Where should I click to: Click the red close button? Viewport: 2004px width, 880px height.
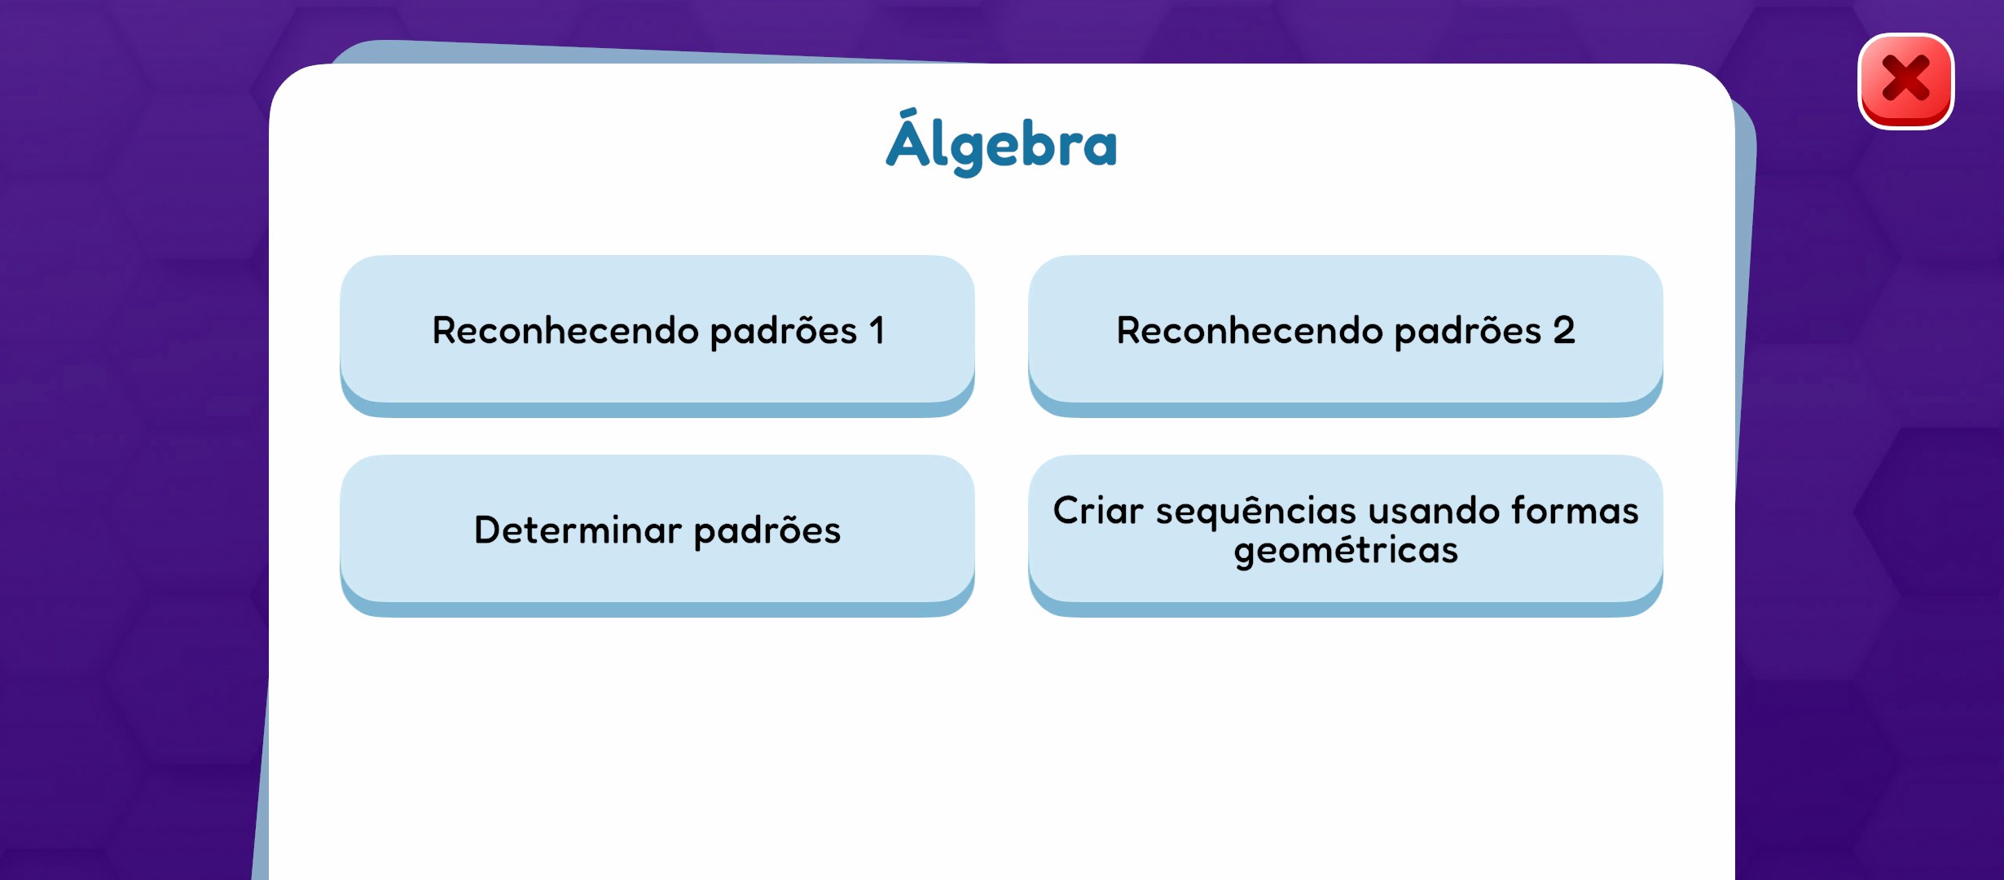click(1905, 81)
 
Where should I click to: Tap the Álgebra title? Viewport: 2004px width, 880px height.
click(1001, 143)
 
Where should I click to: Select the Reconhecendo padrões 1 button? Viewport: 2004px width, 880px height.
click(657, 336)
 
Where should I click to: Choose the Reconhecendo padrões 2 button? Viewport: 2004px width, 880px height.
click(1346, 336)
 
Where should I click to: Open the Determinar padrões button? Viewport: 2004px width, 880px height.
click(657, 535)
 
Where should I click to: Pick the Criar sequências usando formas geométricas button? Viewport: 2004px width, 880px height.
click(1346, 535)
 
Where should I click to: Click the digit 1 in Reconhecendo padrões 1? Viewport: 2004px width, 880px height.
click(877, 330)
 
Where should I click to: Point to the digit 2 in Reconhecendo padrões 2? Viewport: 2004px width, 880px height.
click(1564, 330)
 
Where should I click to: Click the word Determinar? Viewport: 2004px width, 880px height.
click(578, 530)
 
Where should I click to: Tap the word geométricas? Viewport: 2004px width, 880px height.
click(1346, 550)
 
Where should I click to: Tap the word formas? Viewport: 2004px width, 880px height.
click(1575, 510)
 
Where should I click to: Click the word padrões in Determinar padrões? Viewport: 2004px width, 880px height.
click(767, 530)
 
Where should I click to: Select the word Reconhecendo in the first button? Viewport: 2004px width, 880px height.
click(565, 331)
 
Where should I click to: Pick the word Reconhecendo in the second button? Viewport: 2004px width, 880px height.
click(1250, 331)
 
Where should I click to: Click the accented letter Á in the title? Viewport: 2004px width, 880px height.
click(909, 139)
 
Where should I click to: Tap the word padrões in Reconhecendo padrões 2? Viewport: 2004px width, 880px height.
click(1468, 332)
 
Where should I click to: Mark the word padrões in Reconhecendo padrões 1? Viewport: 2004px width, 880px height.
click(784, 332)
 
